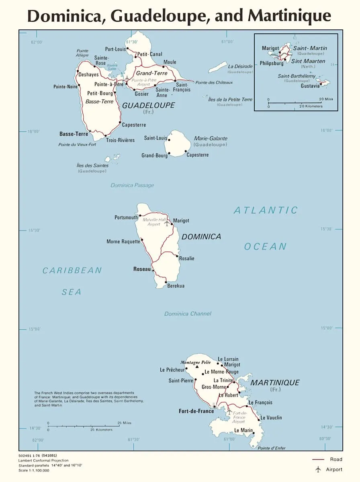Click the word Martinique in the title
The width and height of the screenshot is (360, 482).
click(289, 16)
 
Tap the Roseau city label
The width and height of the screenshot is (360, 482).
click(142, 269)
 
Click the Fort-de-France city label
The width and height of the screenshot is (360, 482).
click(196, 411)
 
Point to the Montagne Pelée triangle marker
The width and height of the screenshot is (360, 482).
click(197, 367)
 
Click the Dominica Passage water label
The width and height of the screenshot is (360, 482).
click(132, 185)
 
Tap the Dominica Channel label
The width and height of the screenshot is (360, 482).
click(188, 314)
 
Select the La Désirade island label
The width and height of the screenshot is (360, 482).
click(240, 66)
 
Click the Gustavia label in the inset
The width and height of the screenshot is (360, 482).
click(310, 86)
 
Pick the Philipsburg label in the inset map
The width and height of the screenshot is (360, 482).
click(271, 63)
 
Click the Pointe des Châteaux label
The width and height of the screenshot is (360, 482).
click(214, 82)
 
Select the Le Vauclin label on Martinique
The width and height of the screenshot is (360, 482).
click(271, 418)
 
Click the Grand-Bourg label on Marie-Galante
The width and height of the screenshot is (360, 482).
click(154, 155)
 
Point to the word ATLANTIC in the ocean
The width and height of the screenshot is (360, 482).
click(266, 210)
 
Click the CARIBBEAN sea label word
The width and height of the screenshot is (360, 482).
click(72, 270)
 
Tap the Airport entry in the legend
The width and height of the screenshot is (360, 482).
click(334, 469)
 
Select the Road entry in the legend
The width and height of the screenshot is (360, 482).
click(336, 459)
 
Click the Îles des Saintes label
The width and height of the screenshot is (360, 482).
click(92, 165)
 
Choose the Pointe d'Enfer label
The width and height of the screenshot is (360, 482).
click(272, 448)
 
